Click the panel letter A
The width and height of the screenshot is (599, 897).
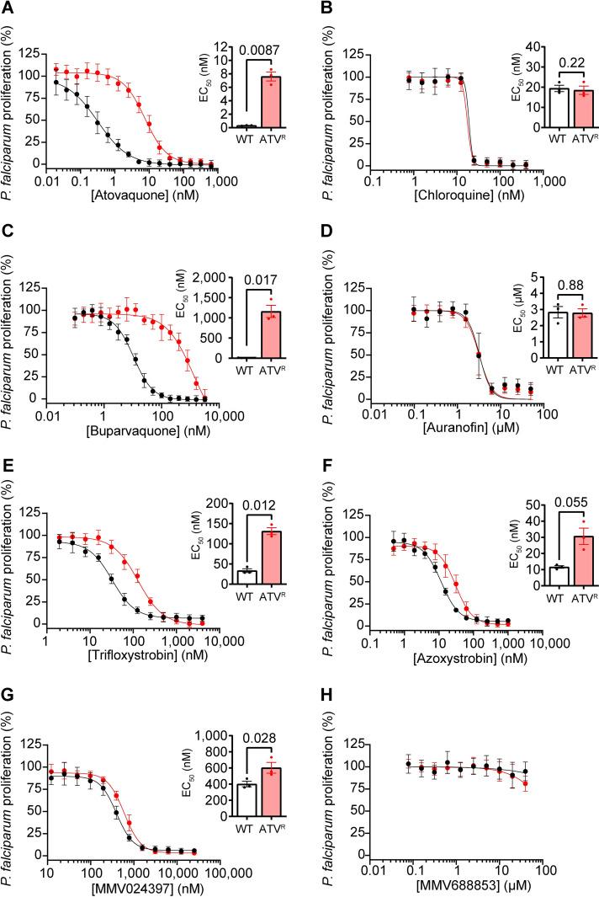point(10,9)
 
